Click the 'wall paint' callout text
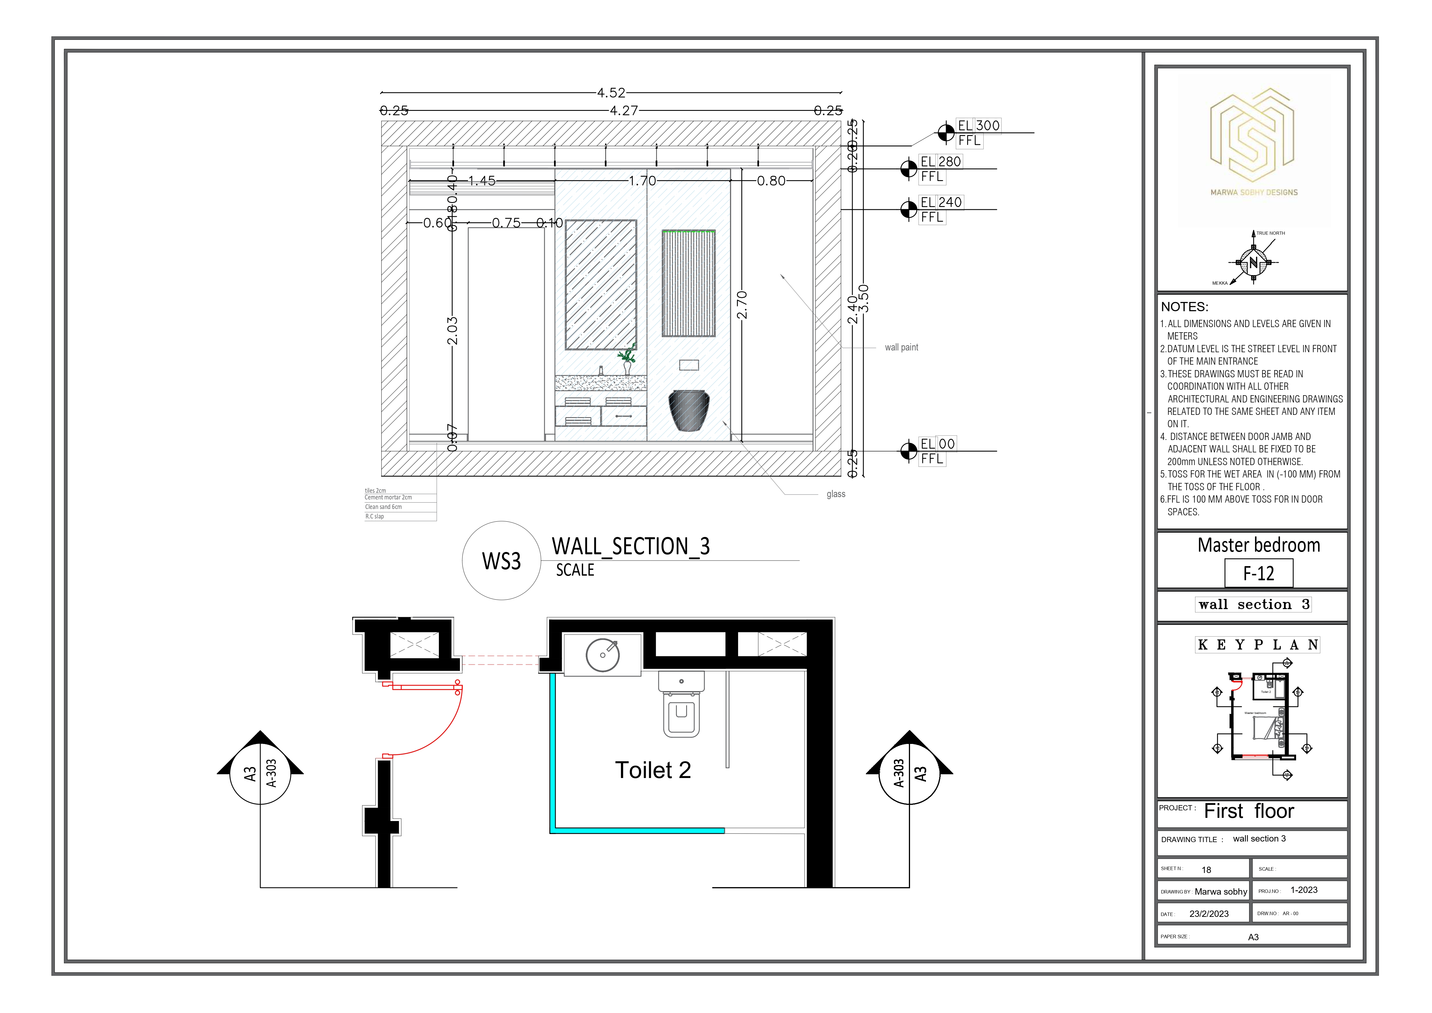coord(901,348)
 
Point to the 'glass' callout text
coord(836,494)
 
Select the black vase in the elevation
coord(688,410)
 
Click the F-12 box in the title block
coord(1258,573)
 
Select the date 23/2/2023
coord(1209,914)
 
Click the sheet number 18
coord(1206,870)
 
